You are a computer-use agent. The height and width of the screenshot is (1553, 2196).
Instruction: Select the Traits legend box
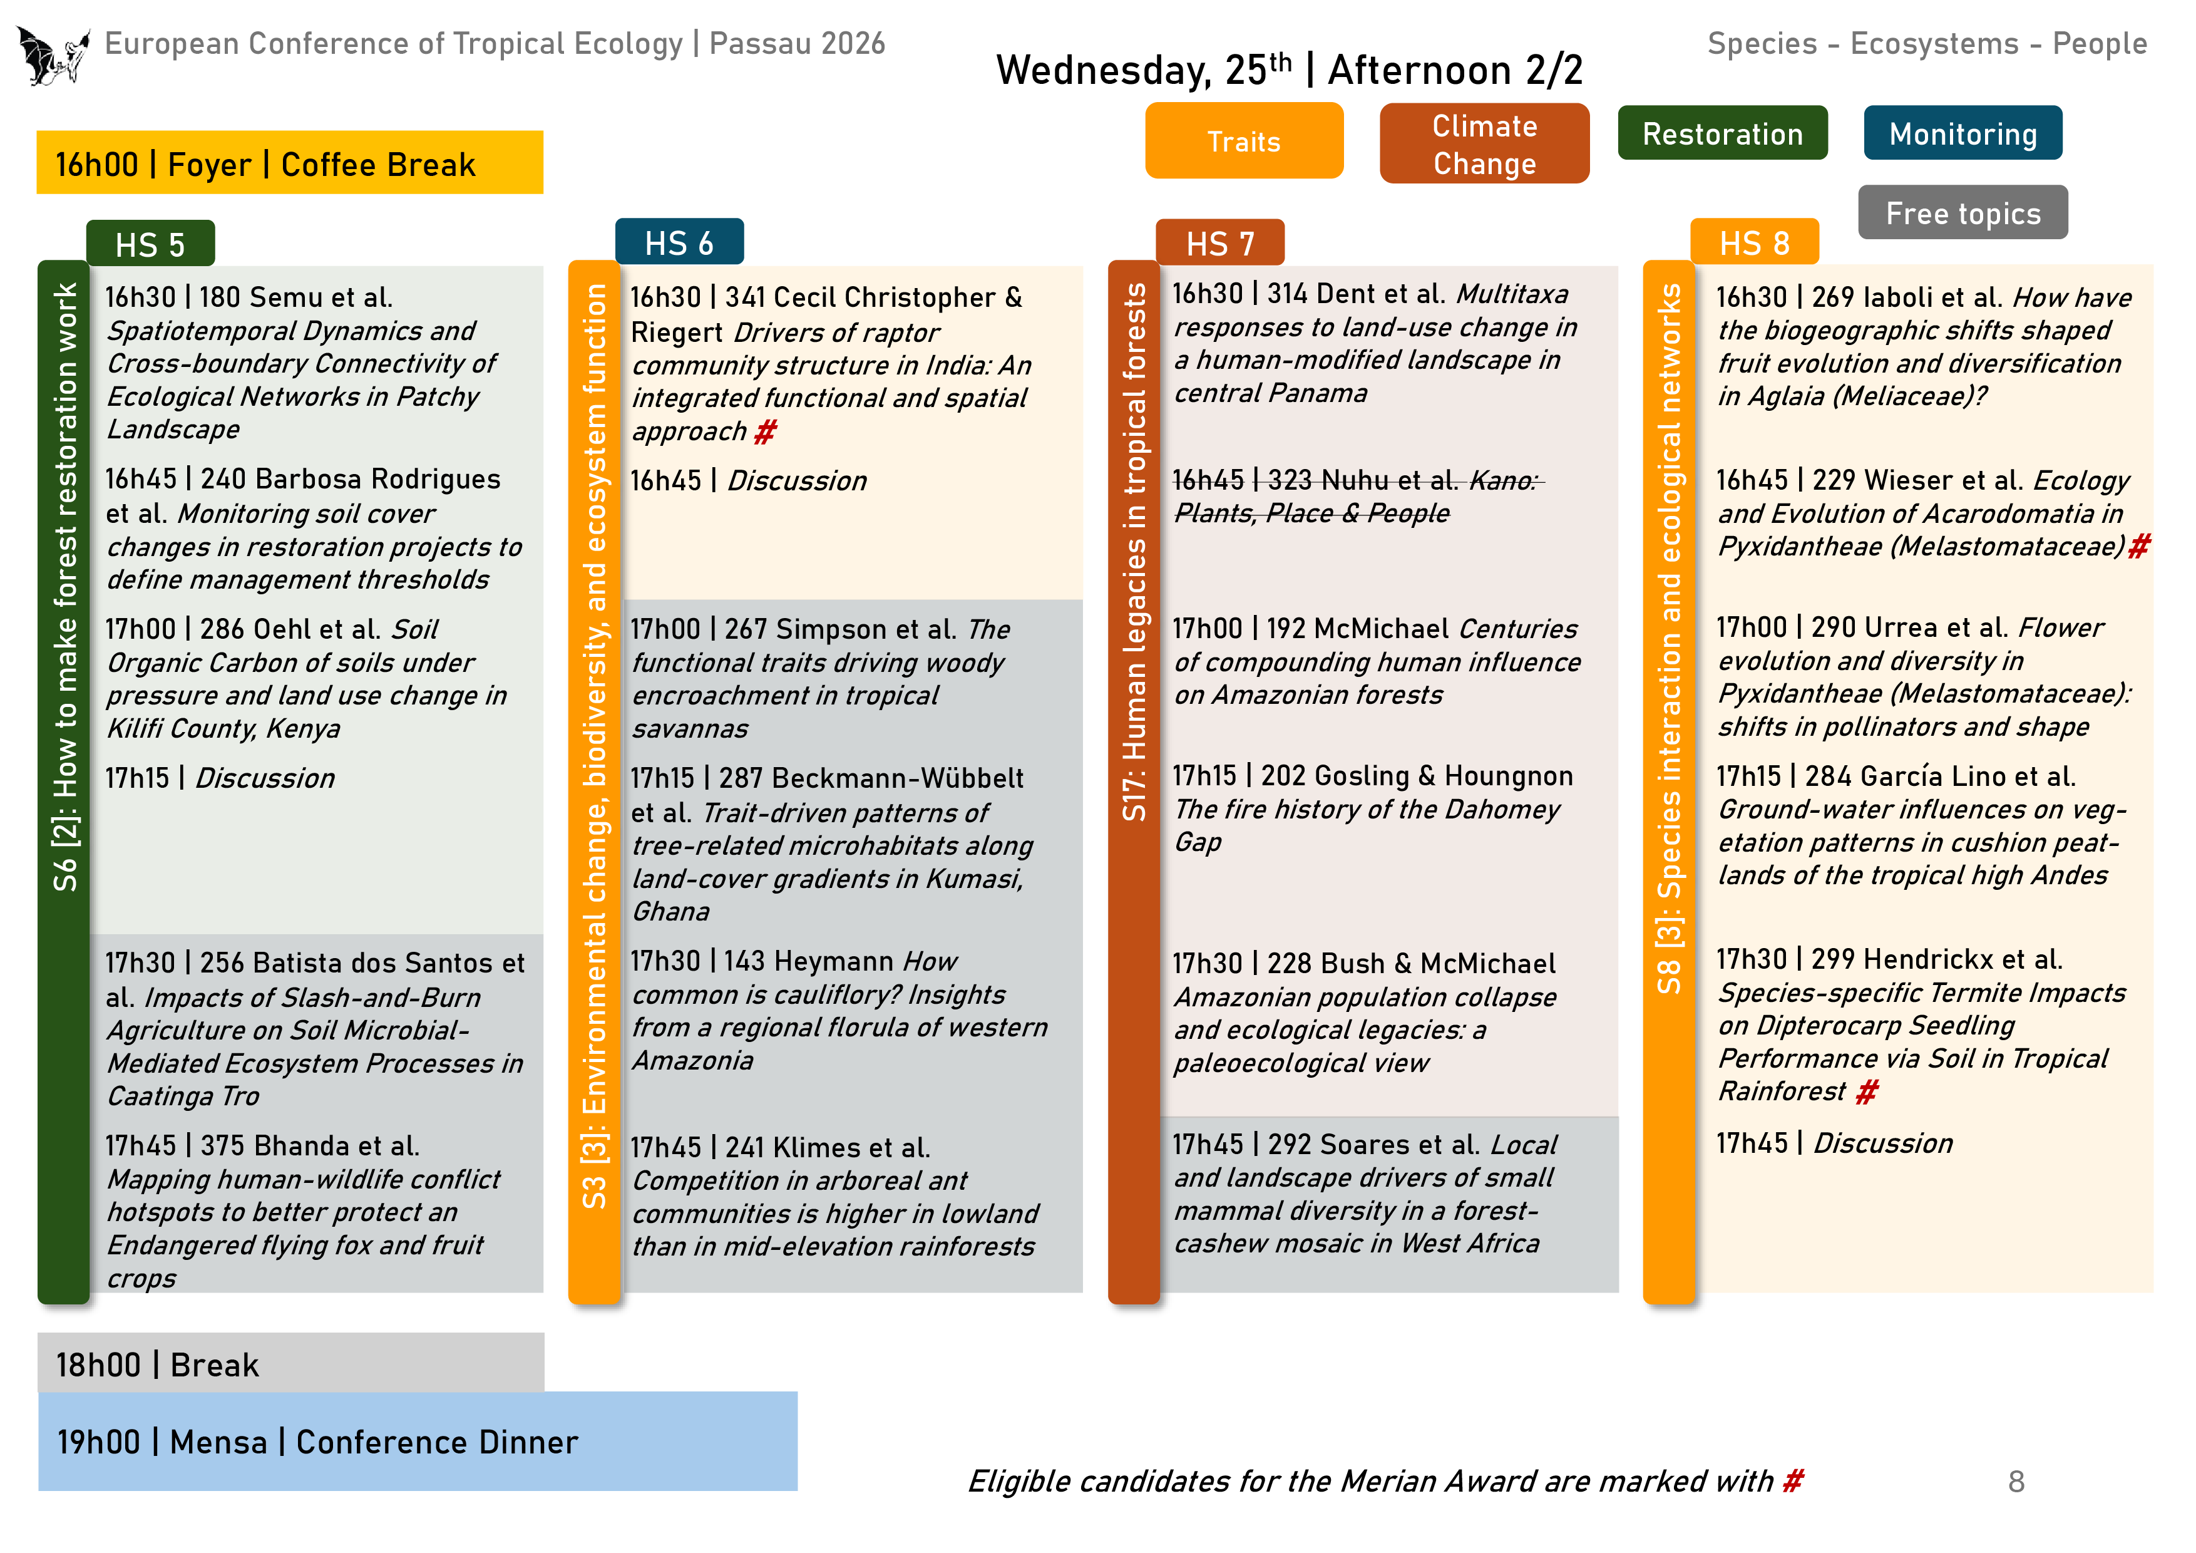tap(1243, 142)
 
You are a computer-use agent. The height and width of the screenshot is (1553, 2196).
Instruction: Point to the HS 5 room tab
tap(150, 245)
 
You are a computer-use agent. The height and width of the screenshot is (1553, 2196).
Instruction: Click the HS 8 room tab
tap(1753, 243)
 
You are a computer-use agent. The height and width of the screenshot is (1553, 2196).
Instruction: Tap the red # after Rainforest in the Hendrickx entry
tap(1866, 1091)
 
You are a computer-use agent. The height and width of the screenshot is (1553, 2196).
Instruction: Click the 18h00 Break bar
tap(290, 1363)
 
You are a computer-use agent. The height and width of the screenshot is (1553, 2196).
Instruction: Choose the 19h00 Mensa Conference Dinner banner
tap(417, 1441)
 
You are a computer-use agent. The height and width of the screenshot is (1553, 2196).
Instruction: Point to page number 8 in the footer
tap(2015, 1481)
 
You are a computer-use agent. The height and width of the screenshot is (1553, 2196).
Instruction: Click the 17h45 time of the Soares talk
tap(1207, 1145)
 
